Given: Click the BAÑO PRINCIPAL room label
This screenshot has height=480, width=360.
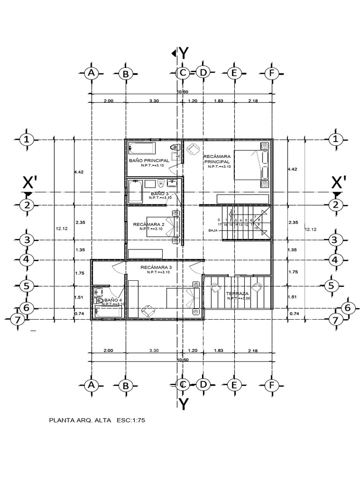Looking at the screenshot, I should [x=149, y=160].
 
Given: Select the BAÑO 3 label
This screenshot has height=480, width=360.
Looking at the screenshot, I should [x=160, y=193].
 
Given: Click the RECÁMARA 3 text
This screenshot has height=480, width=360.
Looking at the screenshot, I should [x=156, y=267].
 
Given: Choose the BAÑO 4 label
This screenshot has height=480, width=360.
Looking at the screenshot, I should [x=113, y=300].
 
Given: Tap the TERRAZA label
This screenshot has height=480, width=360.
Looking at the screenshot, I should [x=237, y=293].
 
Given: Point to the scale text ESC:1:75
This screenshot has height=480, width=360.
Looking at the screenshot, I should [x=132, y=420].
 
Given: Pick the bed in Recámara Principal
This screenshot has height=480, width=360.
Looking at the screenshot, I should [x=248, y=165].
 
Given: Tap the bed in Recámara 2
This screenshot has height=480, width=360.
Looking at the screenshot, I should [x=162, y=227].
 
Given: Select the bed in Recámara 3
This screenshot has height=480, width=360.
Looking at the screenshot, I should [x=184, y=300].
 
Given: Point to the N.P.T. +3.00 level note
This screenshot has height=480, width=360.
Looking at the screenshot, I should [x=240, y=299].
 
